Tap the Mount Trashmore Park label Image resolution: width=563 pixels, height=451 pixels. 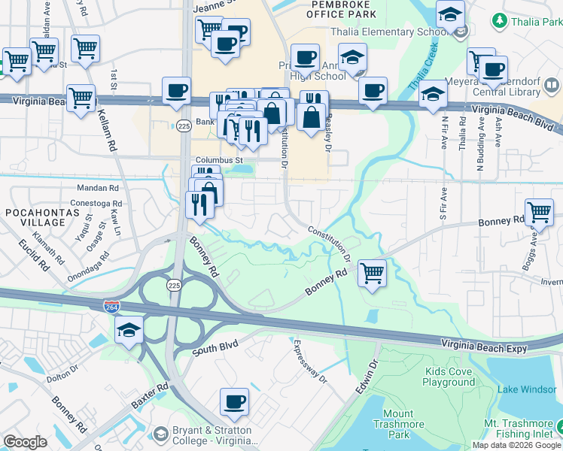click(x=397, y=424)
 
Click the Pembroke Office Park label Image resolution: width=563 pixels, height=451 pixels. click(x=332, y=11)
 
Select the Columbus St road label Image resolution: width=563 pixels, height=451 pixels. click(x=219, y=160)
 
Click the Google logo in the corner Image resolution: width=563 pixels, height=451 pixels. click(x=25, y=442)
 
